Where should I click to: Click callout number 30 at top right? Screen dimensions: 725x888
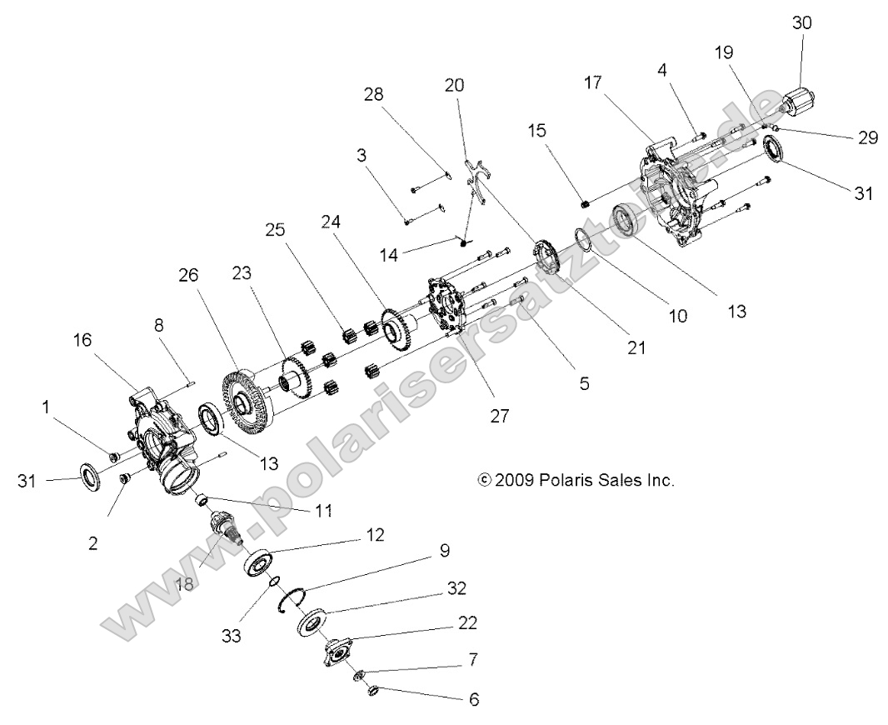pos(801,24)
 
